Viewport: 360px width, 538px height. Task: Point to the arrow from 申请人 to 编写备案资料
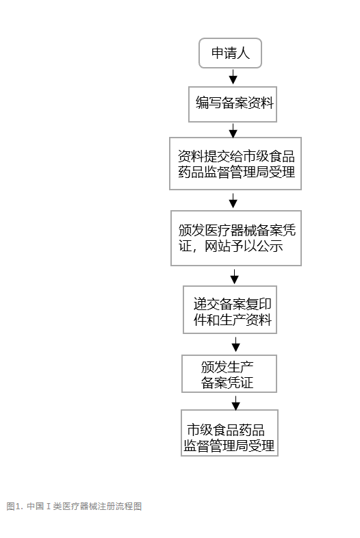(x=233, y=77)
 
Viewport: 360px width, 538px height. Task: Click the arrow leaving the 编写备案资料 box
(x=233, y=131)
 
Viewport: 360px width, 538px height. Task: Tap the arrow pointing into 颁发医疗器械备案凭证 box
(x=233, y=201)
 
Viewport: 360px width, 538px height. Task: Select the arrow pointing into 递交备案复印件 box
(x=234, y=277)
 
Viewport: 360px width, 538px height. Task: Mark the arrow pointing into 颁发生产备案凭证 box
(x=235, y=344)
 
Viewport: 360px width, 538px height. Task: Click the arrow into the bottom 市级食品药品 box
(x=235, y=403)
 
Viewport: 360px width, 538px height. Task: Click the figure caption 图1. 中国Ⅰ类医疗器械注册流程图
(x=74, y=506)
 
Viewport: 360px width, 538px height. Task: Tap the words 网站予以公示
(x=244, y=246)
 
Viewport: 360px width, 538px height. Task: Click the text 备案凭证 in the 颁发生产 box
(x=227, y=383)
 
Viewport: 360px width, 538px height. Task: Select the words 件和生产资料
(x=232, y=320)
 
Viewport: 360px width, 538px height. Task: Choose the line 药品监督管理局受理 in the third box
(x=236, y=172)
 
